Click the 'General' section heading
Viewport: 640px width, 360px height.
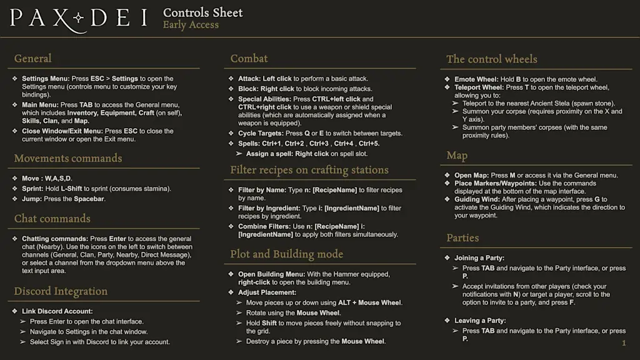tap(32, 59)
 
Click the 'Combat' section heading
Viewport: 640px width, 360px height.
tap(249, 59)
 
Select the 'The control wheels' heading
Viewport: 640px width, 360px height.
tap(491, 59)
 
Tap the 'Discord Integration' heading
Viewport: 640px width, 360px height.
tap(61, 291)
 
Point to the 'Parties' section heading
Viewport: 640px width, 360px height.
tap(462, 238)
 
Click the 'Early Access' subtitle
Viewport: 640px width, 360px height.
tap(191, 25)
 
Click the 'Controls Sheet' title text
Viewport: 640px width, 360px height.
tap(202, 12)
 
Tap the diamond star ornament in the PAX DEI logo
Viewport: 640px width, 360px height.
tap(79, 18)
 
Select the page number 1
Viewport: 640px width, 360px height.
tap(624, 343)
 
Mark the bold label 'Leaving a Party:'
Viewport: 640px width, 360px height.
tap(480, 321)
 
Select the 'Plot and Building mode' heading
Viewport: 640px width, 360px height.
tap(286, 254)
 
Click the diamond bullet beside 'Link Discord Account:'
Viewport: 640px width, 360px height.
tap(14, 311)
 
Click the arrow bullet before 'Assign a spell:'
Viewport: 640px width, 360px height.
tap(239, 154)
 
